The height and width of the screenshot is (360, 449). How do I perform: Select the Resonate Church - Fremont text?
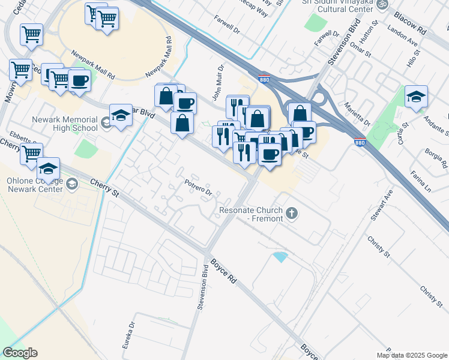[x=251, y=214]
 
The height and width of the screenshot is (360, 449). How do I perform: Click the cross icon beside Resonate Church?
[x=292, y=213]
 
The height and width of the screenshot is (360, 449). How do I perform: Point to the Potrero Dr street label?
[x=199, y=188]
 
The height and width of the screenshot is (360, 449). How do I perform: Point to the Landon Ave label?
[x=402, y=40]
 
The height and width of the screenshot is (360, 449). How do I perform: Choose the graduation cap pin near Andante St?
[x=416, y=97]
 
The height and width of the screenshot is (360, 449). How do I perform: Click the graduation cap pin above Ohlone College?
[x=48, y=168]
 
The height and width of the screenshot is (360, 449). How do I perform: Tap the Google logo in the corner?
[x=20, y=353]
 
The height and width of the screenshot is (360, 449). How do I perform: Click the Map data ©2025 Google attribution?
[x=412, y=355]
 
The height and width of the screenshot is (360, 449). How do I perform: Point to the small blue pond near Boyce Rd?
[x=280, y=257]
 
